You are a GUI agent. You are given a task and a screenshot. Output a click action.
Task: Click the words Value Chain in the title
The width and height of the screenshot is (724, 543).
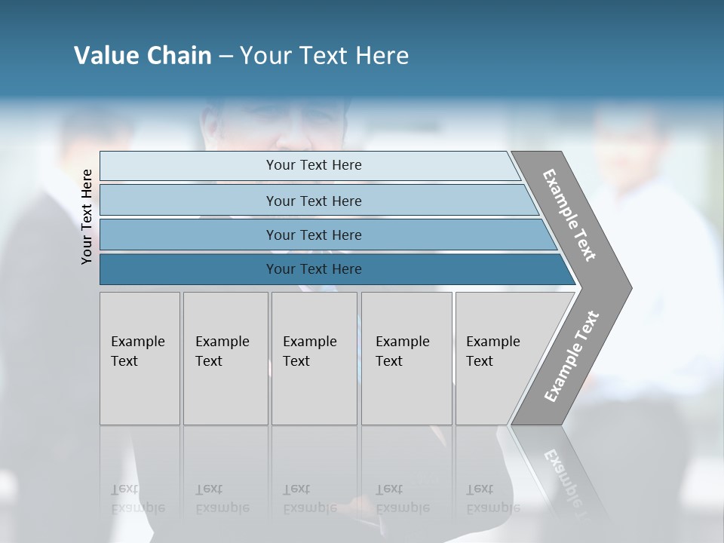click(143, 56)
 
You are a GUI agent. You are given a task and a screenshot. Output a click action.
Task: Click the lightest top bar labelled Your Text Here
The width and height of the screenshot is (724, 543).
click(314, 165)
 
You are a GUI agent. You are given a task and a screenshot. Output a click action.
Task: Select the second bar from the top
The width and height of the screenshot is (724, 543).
click(314, 201)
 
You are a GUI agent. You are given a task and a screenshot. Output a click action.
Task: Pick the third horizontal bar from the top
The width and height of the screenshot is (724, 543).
click(314, 235)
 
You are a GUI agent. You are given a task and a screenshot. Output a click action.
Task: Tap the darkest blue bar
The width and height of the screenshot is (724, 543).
click(314, 269)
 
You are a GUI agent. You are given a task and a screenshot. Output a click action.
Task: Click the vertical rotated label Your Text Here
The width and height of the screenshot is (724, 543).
click(87, 216)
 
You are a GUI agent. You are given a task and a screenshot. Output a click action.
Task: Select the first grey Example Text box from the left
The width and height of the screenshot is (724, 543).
click(140, 358)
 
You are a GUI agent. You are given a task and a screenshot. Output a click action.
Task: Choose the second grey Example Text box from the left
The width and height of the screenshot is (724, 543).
click(225, 358)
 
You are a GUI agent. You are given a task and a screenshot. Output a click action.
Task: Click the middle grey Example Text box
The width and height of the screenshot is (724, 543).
click(314, 358)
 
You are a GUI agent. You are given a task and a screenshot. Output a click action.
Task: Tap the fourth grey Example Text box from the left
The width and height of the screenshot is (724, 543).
click(406, 358)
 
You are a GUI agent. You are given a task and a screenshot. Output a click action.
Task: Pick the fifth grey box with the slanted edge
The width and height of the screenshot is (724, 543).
click(502, 358)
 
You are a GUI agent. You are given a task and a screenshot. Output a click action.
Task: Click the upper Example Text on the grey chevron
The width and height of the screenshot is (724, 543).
click(569, 215)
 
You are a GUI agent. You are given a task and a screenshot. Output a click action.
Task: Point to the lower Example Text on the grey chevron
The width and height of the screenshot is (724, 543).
click(572, 356)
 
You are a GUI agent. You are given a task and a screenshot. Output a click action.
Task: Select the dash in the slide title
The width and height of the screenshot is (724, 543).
click(225, 56)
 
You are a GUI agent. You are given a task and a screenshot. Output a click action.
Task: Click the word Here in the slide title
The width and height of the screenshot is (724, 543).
click(382, 56)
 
